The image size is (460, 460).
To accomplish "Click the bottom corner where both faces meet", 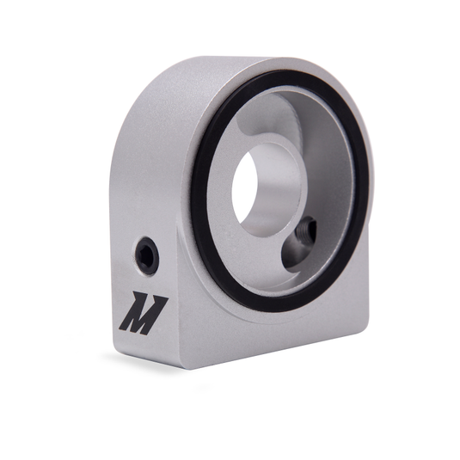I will click(182, 368).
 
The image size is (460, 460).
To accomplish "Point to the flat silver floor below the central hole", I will click(262, 258).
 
